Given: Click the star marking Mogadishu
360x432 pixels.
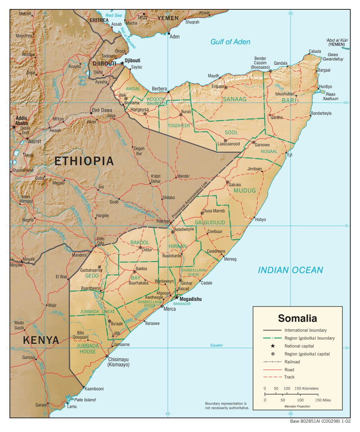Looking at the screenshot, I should [x=176, y=297].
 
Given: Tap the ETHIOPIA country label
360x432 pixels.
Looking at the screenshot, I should [x=84, y=161].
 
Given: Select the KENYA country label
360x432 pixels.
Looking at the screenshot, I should [x=41, y=340].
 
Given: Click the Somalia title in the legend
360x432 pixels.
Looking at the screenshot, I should [x=297, y=318].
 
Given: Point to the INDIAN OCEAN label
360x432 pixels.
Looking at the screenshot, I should [x=290, y=270].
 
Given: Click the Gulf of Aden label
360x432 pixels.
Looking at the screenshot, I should [x=230, y=42].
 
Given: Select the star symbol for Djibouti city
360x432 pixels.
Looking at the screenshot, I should [x=122, y=63].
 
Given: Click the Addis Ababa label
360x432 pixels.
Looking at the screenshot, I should [x=22, y=121].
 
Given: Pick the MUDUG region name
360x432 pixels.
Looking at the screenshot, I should [x=245, y=190].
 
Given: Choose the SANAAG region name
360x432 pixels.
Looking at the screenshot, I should [x=234, y=99].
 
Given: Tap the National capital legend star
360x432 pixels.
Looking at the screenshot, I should [x=273, y=346].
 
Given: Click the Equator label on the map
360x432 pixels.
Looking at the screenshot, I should [x=216, y=345].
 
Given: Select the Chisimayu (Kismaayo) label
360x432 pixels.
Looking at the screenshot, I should [x=118, y=362].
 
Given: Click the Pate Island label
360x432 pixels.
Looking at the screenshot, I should [x=85, y=400].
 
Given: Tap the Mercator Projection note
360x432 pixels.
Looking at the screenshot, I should [x=297, y=406].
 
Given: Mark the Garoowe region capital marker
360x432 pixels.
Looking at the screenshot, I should [x=253, y=142].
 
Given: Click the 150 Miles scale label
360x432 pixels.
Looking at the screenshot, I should [x=323, y=400].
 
